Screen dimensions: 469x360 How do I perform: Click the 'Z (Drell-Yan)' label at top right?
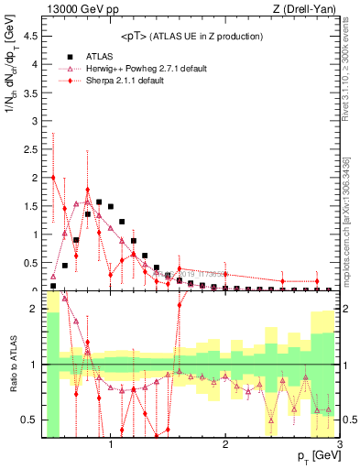tap(309, 10)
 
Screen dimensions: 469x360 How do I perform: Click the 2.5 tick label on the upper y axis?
tap(28, 149)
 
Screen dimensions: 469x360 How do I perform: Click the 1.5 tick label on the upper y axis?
tap(28, 206)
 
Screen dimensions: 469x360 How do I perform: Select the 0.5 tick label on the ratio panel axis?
tap(28, 420)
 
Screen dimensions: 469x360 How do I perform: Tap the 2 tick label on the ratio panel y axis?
tap(33, 309)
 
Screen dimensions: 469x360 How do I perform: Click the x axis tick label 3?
tap(339, 443)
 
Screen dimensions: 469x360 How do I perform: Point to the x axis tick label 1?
tap(111, 443)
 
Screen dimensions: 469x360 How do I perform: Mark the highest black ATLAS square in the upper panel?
tap(99, 202)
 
